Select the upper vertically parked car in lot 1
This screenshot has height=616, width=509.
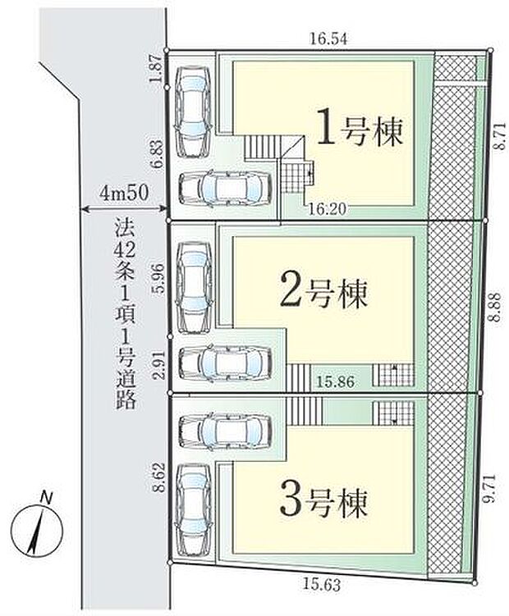click(195, 111)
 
